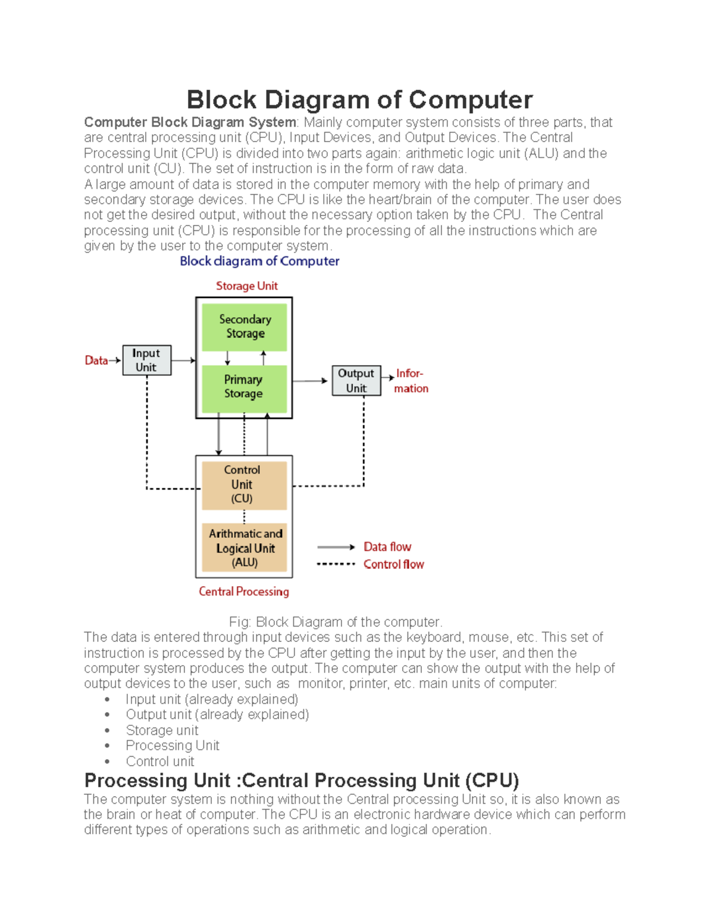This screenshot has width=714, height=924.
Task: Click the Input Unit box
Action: [x=146, y=360]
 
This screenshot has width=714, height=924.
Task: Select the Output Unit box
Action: [x=356, y=381]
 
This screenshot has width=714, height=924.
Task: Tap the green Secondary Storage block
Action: [x=245, y=327]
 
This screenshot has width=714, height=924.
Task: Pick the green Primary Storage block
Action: [x=244, y=387]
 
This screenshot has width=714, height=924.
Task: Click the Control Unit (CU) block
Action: [x=244, y=484]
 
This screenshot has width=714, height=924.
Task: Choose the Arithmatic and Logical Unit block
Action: [x=245, y=547]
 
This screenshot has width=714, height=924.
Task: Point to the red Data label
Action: [x=96, y=361]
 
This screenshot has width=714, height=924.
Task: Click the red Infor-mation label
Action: [x=411, y=381]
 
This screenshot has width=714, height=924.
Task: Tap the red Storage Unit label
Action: [x=246, y=286]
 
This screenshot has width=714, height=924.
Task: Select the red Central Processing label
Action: [x=244, y=591]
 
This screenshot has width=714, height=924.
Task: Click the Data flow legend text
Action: [x=387, y=547]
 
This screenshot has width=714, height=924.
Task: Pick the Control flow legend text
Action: [x=394, y=564]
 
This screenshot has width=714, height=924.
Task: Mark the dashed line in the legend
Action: [x=336, y=564]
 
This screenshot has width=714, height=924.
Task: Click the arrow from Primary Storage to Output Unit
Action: [x=310, y=381]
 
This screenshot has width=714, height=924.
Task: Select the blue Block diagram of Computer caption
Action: [x=259, y=261]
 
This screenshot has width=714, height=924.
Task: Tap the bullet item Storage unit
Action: [x=162, y=730]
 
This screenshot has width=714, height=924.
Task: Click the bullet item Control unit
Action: [x=160, y=761]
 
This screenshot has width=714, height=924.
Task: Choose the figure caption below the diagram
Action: [x=336, y=622]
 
